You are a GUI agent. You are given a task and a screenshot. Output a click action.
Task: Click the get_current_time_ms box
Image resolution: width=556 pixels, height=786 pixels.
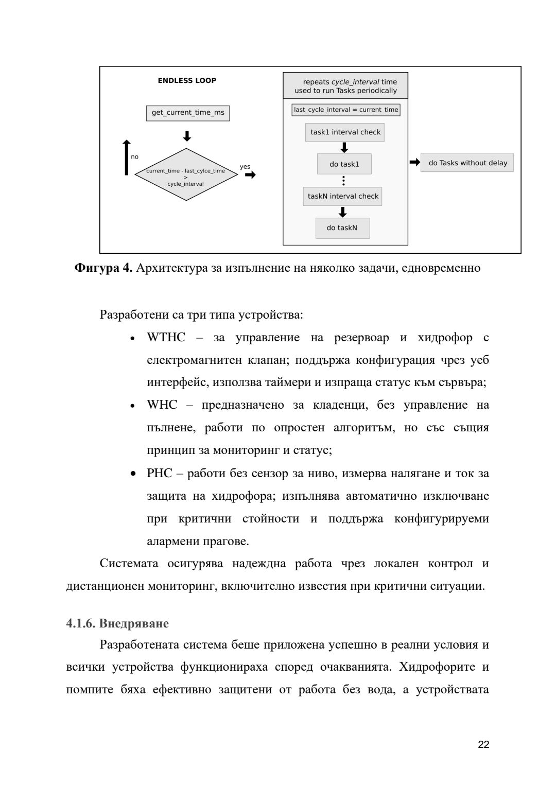tap(188, 113)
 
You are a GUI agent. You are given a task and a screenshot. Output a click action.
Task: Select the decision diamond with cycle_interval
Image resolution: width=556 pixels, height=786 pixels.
tap(186, 174)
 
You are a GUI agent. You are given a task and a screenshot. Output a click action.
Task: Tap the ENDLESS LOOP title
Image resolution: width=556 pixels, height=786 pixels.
tap(187, 81)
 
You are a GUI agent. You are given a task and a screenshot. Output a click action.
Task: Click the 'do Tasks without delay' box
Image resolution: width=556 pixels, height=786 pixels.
tap(467, 163)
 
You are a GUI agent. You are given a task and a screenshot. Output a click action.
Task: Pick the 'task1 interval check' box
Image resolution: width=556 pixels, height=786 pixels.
tap(345, 132)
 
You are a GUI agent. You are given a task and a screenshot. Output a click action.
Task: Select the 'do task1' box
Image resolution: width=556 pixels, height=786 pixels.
tap(344, 164)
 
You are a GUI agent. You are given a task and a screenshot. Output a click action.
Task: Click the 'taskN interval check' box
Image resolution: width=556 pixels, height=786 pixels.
tap(342, 196)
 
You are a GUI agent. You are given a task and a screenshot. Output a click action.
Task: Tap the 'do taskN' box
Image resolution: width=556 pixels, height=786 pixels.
tap(342, 228)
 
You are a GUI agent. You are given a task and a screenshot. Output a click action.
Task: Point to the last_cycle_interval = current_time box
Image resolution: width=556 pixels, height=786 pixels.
tap(346, 110)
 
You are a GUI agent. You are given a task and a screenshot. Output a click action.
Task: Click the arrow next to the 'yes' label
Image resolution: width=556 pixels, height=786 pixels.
tap(250, 175)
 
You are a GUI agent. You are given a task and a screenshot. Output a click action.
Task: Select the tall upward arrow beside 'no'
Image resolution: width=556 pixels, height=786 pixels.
tap(127, 158)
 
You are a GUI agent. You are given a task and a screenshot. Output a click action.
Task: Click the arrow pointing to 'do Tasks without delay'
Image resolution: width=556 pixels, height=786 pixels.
tap(414, 163)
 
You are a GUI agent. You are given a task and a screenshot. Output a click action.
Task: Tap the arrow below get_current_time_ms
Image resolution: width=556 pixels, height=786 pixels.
tap(187, 136)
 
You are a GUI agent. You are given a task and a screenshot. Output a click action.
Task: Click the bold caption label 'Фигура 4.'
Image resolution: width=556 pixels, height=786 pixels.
tap(103, 268)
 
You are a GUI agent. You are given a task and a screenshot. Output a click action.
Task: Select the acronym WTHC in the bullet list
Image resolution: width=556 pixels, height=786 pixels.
tap(166, 338)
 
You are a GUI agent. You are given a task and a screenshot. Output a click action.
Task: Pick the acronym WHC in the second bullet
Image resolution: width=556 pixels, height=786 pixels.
tap(162, 405)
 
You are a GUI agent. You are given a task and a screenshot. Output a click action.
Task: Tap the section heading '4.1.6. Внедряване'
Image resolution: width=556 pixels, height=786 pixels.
tap(117, 623)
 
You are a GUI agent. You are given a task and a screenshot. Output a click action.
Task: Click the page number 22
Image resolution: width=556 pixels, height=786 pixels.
tap(483, 744)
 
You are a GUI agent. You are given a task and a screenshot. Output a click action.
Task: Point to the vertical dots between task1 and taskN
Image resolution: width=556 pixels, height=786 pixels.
tap(343, 181)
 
